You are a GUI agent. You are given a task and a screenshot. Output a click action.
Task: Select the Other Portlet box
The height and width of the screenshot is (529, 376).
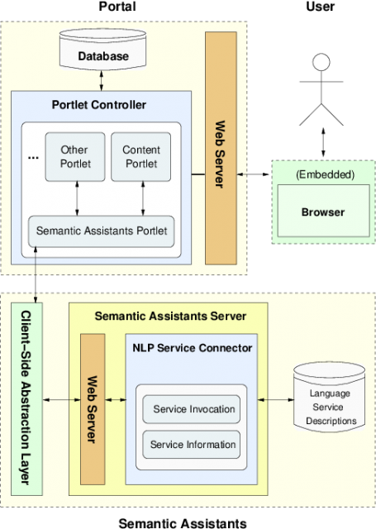(74, 156)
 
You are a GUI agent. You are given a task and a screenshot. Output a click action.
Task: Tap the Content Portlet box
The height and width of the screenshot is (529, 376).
(140, 156)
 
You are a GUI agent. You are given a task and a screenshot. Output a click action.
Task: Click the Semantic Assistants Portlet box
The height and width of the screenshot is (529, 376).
(102, 231)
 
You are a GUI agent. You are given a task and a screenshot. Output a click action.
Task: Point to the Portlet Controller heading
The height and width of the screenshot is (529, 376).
(98, 105)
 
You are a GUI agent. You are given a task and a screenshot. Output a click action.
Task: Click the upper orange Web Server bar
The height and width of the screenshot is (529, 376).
(220, 149)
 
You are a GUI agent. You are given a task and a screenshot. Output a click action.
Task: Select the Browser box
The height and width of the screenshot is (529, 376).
(322, 212)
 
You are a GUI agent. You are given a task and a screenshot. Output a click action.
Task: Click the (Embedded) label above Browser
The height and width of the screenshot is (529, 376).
(324, 174)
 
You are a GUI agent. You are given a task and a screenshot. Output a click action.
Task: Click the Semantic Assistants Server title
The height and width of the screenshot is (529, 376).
(169, 316)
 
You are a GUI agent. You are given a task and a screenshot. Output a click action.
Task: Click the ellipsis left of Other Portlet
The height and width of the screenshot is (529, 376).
(34, 156)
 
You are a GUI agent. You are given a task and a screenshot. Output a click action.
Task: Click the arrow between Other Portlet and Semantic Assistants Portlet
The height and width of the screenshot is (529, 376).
(77, 198)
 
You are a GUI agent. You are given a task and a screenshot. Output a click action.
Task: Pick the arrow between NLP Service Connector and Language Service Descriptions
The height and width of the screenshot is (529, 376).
(276, 400)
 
